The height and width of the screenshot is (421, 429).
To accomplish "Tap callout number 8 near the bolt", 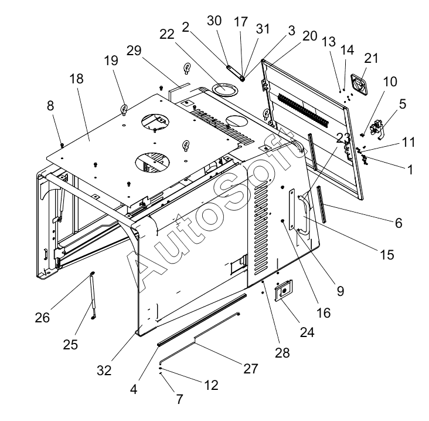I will tap(50, 106).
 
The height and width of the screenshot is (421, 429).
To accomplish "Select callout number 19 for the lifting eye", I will tap(111, 60).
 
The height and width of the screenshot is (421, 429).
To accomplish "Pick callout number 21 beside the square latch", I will tap(371, 59).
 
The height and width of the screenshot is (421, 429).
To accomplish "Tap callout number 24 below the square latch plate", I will tap(307, 332).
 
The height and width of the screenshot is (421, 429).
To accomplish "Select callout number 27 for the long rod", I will tap(251, 369).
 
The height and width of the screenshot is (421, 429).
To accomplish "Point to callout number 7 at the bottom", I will tap(179, 399).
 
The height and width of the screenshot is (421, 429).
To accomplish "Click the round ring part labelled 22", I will tap(224, 89).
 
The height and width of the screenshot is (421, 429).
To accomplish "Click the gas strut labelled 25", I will tap(92, 296).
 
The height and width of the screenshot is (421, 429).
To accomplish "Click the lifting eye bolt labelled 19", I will tap(125, 109).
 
